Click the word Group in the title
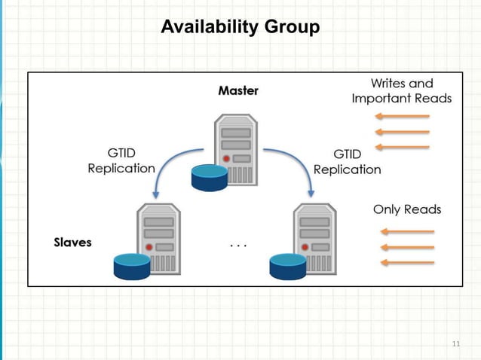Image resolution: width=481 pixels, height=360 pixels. coord(292,27)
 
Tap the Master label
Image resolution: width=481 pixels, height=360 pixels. coord(238,90)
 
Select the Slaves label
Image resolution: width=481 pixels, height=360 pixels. coord(72,243)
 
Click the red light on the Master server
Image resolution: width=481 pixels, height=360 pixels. coord(226,159)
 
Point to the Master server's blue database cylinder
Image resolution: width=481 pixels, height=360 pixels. coord(210,178)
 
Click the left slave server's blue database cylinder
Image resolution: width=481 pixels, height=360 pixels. coord(132,267)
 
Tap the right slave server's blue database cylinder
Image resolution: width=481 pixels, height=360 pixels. coord(288,267)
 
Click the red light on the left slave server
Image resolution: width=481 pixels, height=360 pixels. coord(149,247)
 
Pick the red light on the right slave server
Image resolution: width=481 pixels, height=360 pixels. coord(305,247)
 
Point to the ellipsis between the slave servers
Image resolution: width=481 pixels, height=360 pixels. coord(238,246)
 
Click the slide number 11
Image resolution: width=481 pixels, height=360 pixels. coord(456,343)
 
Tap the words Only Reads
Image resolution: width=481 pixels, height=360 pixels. coord(407,209)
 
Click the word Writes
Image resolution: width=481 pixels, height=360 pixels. coord(388,84)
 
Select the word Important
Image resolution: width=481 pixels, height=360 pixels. coord(381,99)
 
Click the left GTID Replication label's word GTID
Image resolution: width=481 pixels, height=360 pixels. coord(121,153)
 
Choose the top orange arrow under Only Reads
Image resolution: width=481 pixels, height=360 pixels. coord(407,232)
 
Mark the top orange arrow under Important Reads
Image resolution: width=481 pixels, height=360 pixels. coord(403,116)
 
